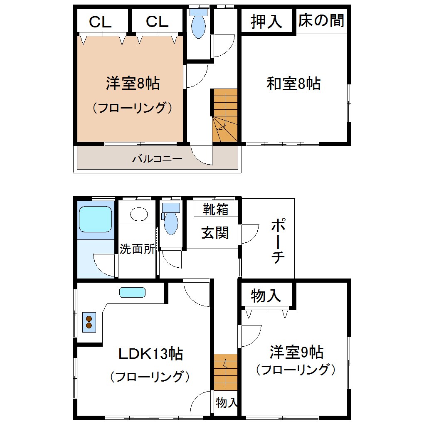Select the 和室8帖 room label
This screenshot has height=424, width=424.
point(293,84)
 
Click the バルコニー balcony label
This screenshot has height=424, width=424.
point(157,159)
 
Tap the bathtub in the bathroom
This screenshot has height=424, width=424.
point(96,219)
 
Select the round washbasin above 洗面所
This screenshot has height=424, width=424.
point(139,214)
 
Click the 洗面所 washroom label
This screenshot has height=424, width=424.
point(138,249)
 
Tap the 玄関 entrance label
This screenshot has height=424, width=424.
point(215,232)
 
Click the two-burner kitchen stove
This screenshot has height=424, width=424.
point(89,322)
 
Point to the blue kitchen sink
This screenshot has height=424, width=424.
point(133,292)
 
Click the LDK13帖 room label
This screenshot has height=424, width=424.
point(150,354)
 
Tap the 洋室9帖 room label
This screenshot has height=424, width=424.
point(296,353)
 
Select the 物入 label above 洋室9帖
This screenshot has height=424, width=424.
point(266,296)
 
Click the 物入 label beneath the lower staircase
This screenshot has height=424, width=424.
point(227,402)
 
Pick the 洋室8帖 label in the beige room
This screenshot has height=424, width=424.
point(133,84)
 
